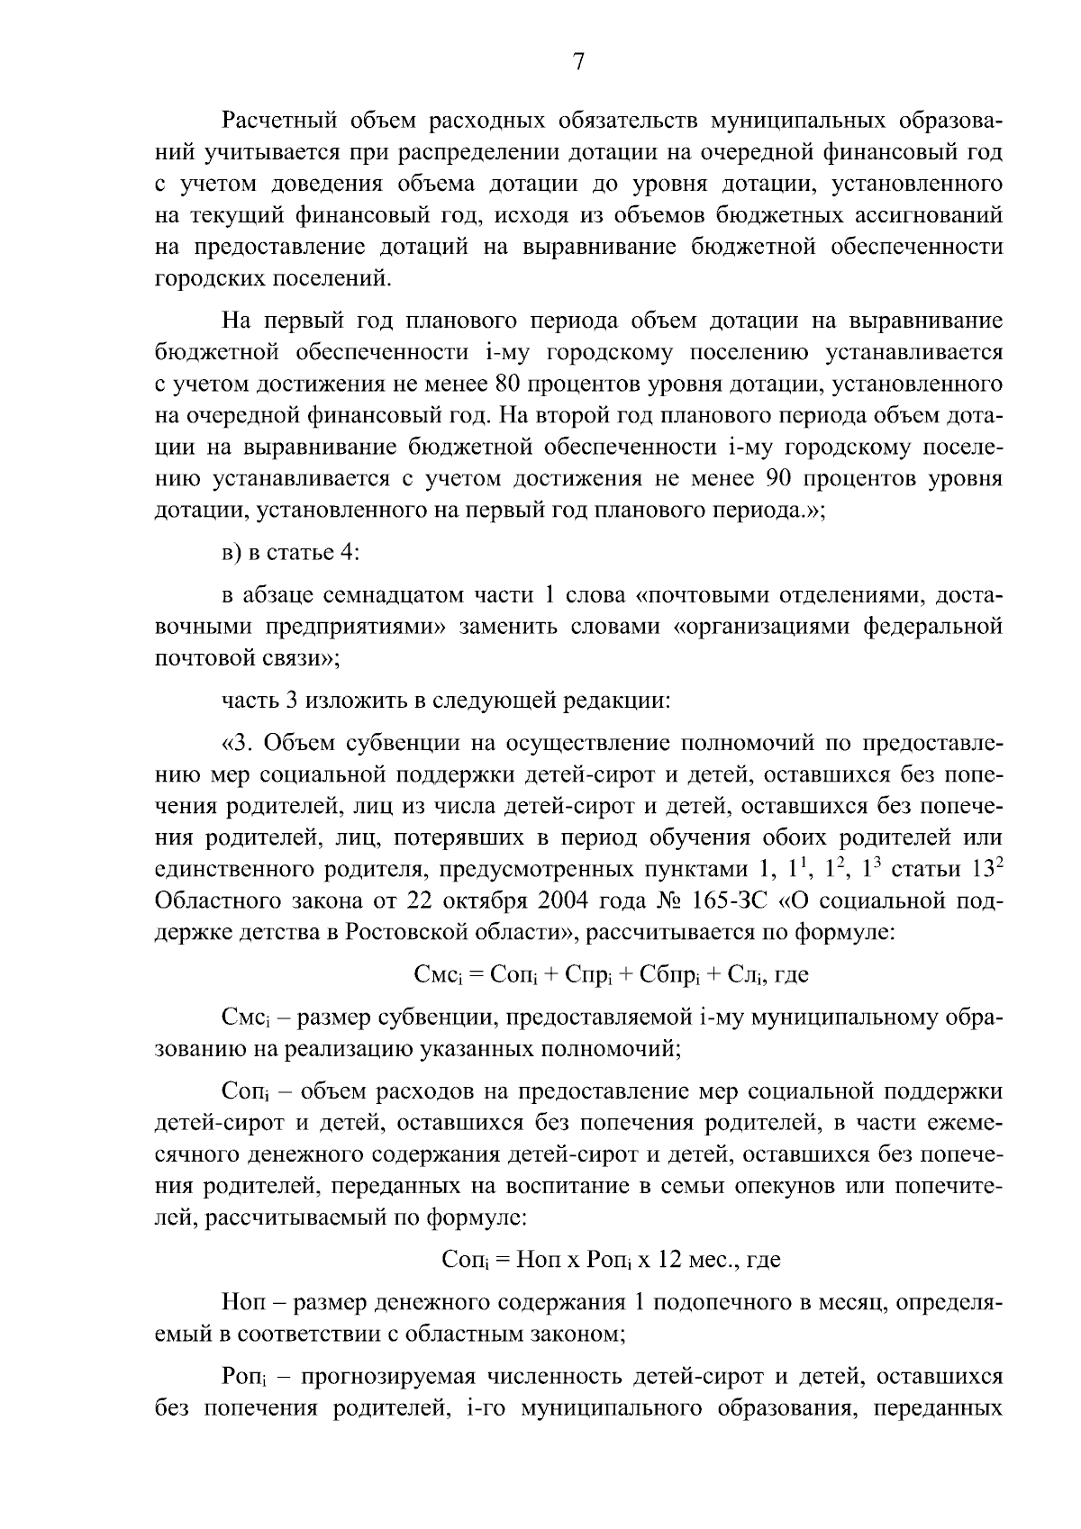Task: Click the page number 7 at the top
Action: [x=578, y=62]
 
